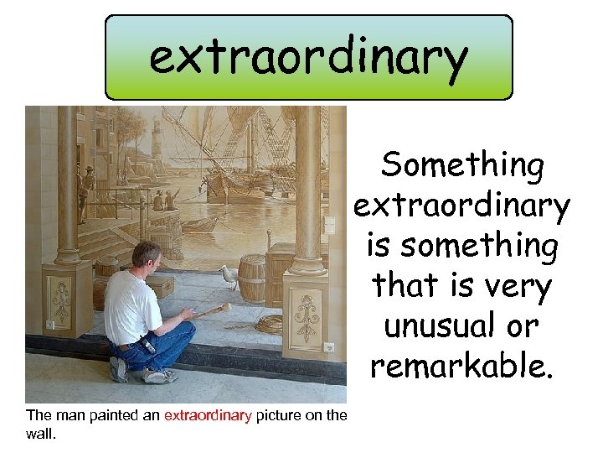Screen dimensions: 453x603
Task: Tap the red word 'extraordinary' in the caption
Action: [x=208, y=414]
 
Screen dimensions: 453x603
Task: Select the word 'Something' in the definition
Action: [x=462, y=166]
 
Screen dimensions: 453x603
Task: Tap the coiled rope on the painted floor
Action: [x=269, y=323]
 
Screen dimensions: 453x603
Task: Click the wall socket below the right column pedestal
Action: [x=329, y=347]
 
